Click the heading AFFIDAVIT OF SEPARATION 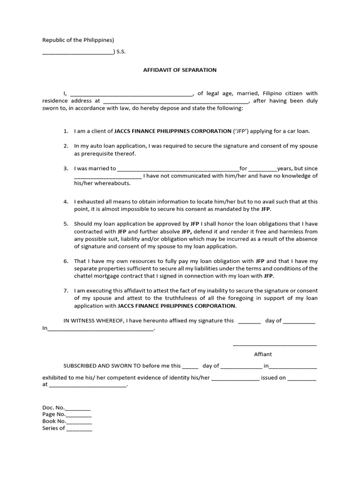point(180,70)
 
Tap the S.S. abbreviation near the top point(121,52)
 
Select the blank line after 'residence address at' point(176,101)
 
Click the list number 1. point(66,131)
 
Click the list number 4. point(66,202)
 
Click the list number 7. point(66,291)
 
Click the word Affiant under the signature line point(263,354)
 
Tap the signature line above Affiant point(275,345)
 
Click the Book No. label point(54,421)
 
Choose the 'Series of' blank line point(79,428)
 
